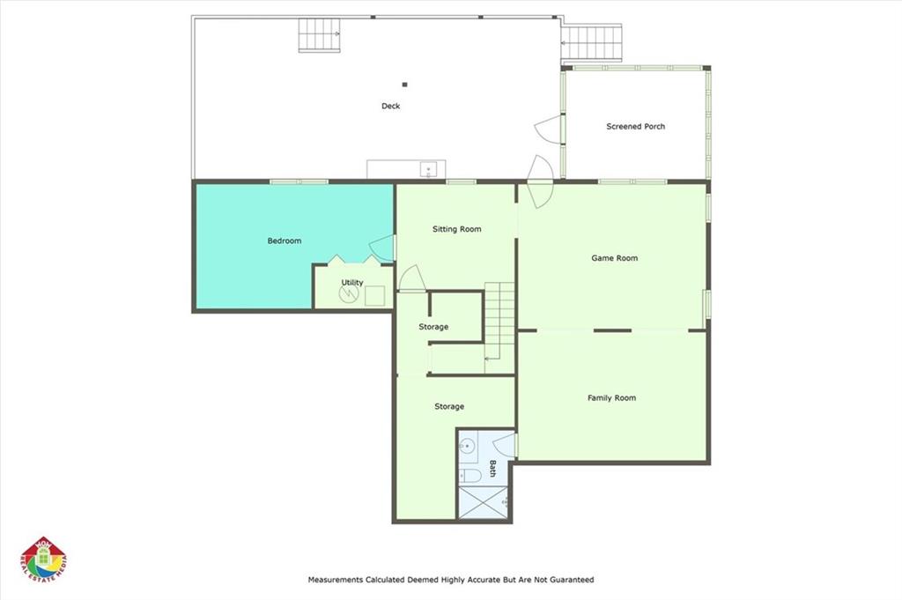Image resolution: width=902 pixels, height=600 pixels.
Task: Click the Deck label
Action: [x=390, y=106]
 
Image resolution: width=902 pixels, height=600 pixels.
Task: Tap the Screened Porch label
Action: [x=635, y=127]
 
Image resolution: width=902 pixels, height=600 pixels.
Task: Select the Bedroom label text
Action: [x=285, y=241]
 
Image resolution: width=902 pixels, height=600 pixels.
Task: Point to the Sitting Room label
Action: [x=457, y=229]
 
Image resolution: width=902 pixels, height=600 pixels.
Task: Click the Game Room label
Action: [x=614, y=258]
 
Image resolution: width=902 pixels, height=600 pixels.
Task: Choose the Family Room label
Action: [x=611, y=397]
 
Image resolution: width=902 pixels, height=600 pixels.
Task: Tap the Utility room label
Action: [x=352, y=283]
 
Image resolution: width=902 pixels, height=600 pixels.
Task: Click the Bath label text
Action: [x=492, y=468]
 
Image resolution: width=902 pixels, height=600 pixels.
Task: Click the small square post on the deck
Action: [x=405, y=85]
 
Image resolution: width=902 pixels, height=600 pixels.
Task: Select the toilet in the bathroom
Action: [x=470, y=476]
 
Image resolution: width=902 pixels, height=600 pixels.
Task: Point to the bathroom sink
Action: [x=467, y=445]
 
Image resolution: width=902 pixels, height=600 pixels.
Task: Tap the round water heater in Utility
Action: [x=349, y=294]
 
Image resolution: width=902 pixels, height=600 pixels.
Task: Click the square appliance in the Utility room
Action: [x=375, y=296]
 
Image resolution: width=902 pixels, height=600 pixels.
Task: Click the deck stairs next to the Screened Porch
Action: [x=592, y=42]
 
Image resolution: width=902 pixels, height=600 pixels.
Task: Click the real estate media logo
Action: [x=44, y=560]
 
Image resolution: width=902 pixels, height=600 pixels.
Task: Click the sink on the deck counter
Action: [x=428, y=170]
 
